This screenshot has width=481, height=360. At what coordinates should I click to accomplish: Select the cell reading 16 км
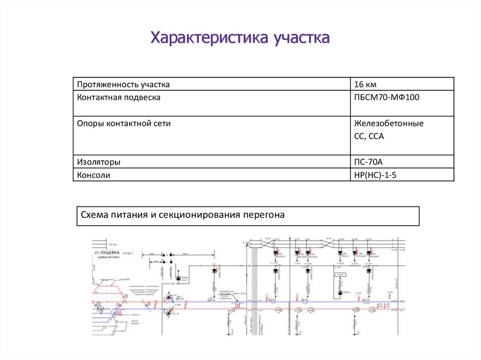click(366, 84)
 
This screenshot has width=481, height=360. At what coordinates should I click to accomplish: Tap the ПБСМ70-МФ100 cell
click(387, 98)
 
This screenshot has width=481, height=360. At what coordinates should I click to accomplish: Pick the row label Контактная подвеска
click(119, 98)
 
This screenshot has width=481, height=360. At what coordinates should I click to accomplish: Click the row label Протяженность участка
click(124, 84)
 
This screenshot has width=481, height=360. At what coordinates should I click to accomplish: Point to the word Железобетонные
click(389, 123)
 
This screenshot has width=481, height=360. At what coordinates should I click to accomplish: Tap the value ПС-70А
click(369, 162)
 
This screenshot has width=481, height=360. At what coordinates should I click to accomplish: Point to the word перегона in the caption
click(264, 215)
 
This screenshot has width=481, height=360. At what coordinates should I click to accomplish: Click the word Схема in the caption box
click(95, 215)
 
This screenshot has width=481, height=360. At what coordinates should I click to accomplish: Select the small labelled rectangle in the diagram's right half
click(341, 275)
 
